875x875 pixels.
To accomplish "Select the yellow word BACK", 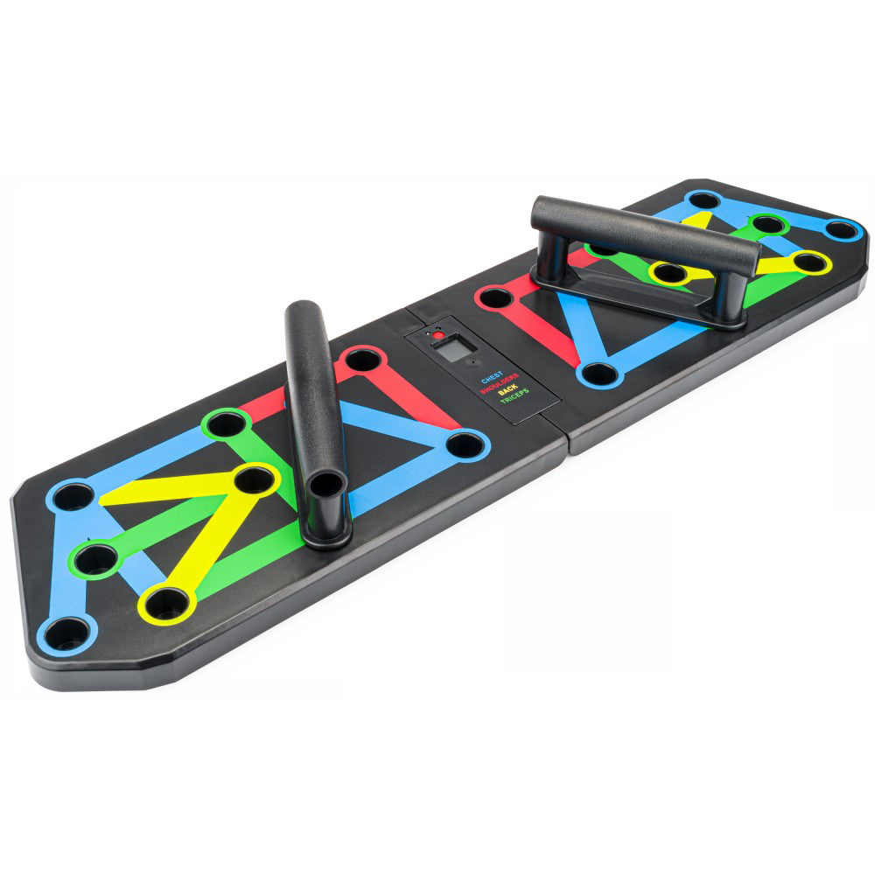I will click(x=507, y=395).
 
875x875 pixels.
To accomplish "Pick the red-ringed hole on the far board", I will click(x=496, y=297).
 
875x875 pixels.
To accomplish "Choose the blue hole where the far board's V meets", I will click(x=599, y=374).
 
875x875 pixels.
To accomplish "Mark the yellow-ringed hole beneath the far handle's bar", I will click(x=669, y=273).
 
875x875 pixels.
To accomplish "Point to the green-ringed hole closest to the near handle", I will click(x=227, y=424).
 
